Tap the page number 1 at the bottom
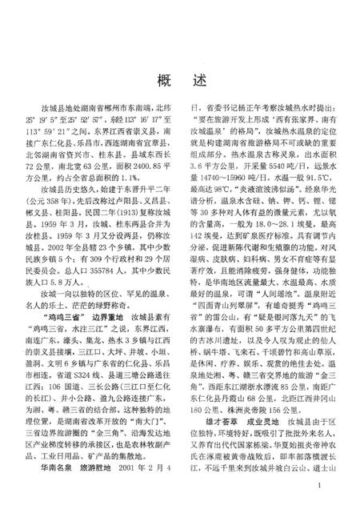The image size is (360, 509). (319, 486)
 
